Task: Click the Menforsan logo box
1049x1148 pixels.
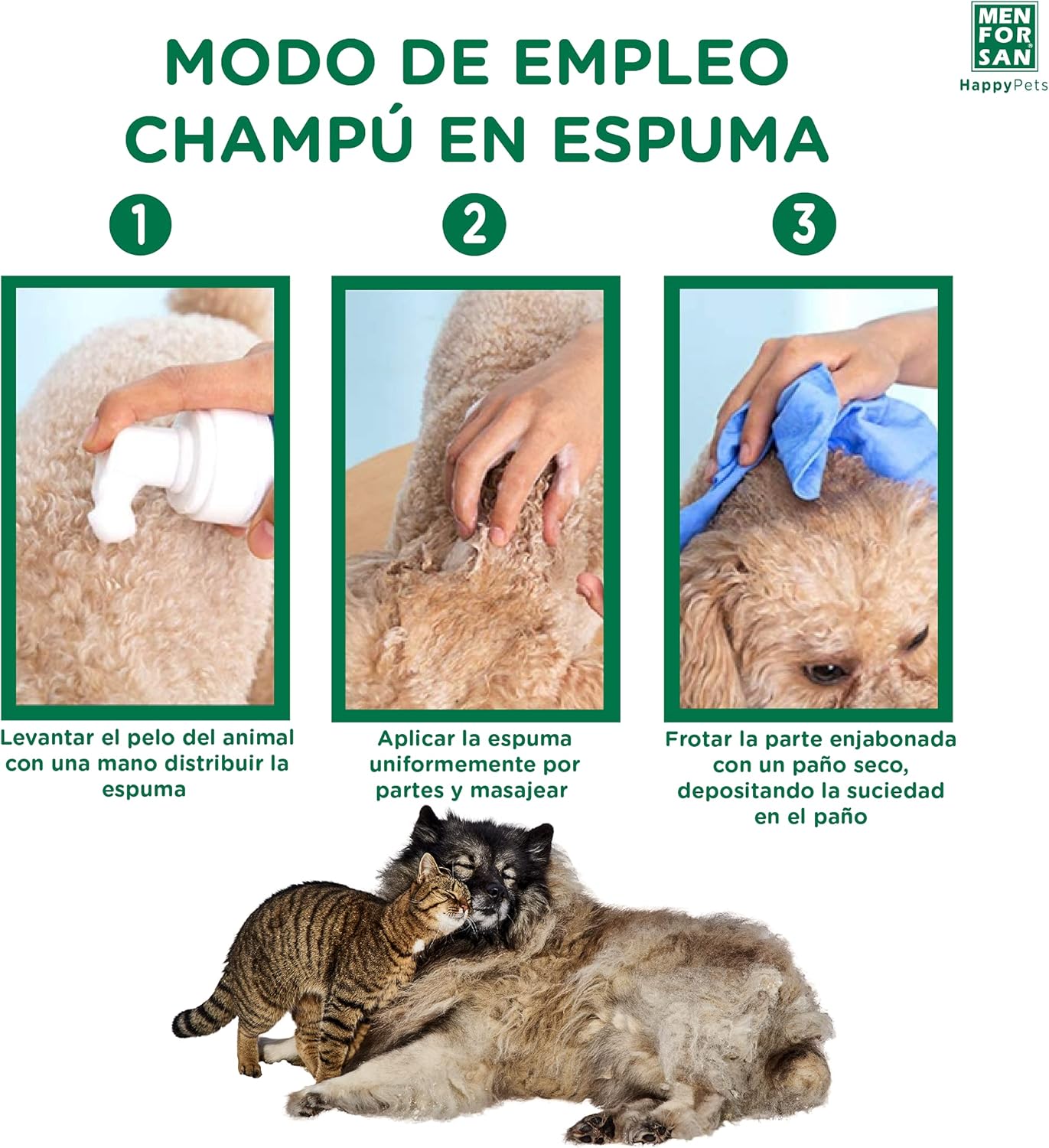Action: pos(1002,35)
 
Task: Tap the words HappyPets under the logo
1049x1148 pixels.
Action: pos(1002,86)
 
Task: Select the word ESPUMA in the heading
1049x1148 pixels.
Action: pos(690,139)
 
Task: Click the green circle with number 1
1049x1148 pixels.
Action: pos(140,224)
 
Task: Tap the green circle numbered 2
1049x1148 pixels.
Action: pos(474,224)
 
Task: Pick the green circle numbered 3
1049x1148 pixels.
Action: pos(804,224)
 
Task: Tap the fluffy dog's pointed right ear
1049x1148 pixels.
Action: pos(537,842)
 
